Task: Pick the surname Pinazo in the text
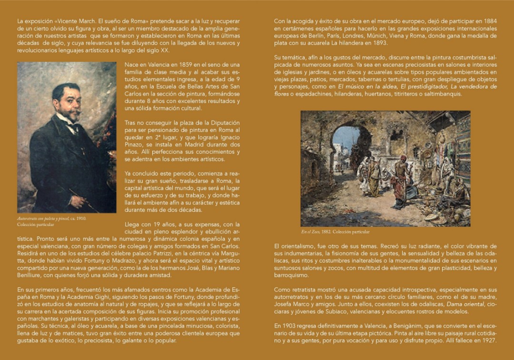click(135, 144)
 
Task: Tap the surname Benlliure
click(31, 275)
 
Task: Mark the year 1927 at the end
click(488, 341)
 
